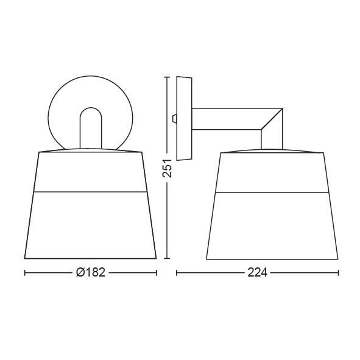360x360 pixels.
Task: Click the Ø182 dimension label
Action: pyautogui.click(x=91, y=272)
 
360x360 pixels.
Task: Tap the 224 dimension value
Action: pyautogui.click(x=258, y=273)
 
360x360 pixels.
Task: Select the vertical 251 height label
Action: pyautogui.click(x=167, y=168)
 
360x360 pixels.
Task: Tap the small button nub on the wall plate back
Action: pyautogui.click(x=174, y=118)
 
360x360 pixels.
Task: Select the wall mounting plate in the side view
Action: pyautogui.click(x=184, y=118)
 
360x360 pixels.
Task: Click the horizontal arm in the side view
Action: pyautogui.click(x=226, y=119)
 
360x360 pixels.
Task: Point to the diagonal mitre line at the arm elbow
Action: pyautogui.click(x=272, y=119)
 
